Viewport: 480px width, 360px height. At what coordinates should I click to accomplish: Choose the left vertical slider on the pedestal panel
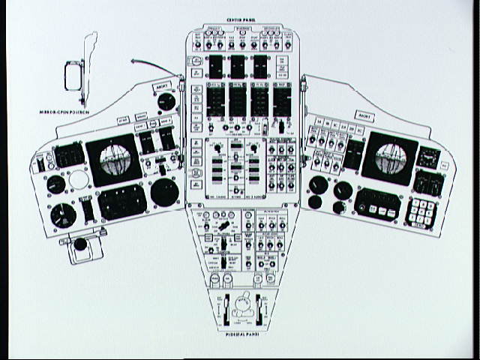[x=221, y=310]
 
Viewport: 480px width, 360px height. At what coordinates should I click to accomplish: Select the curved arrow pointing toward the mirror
[x=150, y=65]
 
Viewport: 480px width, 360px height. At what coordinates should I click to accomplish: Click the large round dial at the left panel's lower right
[x=163, y=192]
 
